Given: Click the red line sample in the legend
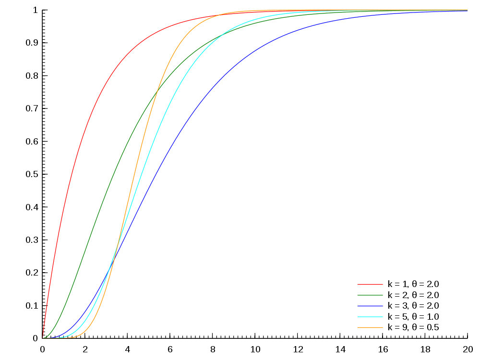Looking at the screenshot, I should coord(370,284).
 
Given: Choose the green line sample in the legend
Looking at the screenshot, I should coord(370,295).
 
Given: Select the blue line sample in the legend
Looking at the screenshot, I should coord(370,306).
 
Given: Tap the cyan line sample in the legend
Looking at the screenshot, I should coord(370,317).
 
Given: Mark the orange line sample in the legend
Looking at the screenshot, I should coord(370,327).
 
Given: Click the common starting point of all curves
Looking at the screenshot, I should coord(43,338).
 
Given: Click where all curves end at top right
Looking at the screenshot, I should coord(467,10).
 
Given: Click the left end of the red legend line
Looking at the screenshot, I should coord(358,284).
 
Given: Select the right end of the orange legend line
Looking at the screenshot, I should coord(383,327).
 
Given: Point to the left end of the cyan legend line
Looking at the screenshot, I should coord(358,317).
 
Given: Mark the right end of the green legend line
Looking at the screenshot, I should coord(383,295).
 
